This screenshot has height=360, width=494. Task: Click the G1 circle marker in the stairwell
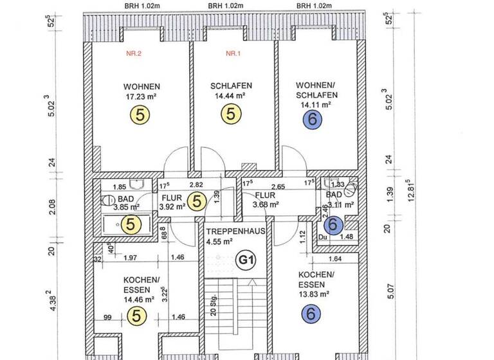coord(245,260)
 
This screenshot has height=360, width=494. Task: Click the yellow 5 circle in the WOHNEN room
coord(141,114)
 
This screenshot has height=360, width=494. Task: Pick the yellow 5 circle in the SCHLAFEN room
coord(231,114)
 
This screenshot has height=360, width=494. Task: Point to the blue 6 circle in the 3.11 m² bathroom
coord(333,224)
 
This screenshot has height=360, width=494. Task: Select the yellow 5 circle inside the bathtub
coord(131,224)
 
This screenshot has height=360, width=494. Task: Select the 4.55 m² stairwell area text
coord(221,242)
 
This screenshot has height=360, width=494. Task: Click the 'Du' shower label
coord(323,237)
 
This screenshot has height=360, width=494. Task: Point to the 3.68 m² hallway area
coord(265,205)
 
